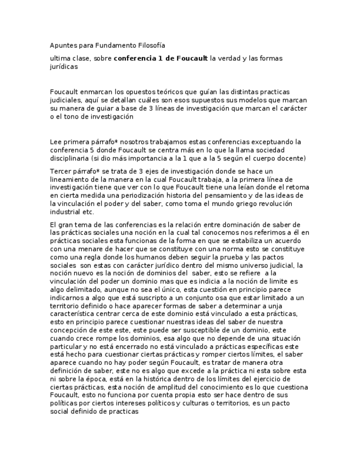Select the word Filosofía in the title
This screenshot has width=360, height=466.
[x=151, y=45]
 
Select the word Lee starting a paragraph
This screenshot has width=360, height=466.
[x=56, y=142]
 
